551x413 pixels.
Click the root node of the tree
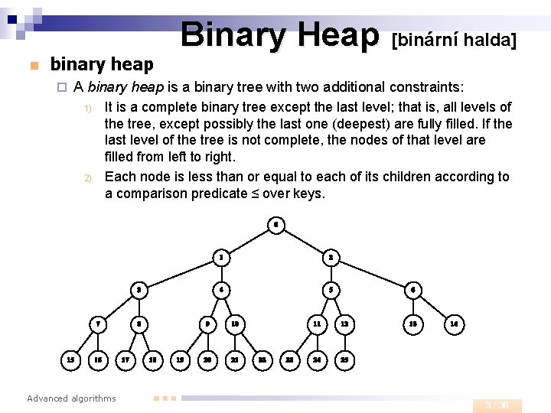[275, 225]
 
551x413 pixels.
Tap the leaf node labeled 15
[71, 359]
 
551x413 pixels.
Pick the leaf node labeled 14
[454, 324]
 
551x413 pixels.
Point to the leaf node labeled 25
[344, 359]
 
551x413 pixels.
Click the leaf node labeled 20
[207, 359]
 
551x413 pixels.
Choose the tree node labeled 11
[316, 324]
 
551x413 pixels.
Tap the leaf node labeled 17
[126, 359]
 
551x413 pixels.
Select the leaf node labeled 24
[317, 359]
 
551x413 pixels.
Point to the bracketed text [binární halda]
[454, 39]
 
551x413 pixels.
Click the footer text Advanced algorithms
[71, 398]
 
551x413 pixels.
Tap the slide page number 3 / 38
[501, 405]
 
